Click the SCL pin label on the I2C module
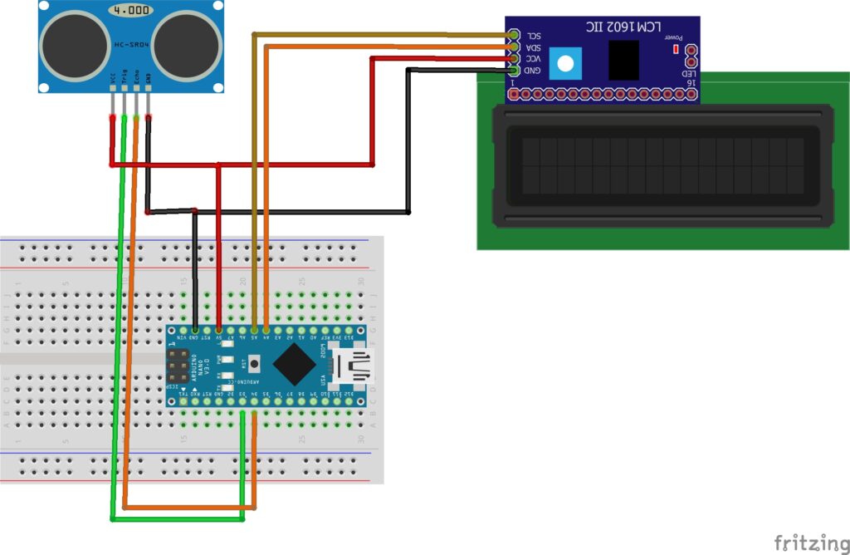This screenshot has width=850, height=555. pyautogui.click(x=533, y=37)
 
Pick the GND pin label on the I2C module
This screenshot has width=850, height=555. pyautogui.click(x=532, y=71)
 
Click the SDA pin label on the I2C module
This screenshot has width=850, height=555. pyautogui.click(x=533, y=48)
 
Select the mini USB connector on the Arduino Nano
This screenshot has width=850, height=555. pyautogui.click(x=353, y=366)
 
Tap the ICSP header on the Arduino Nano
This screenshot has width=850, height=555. pyautogui.click(x=177, y=366)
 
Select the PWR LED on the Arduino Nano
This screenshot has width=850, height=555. pyautogui.click(x=224, y=359)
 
